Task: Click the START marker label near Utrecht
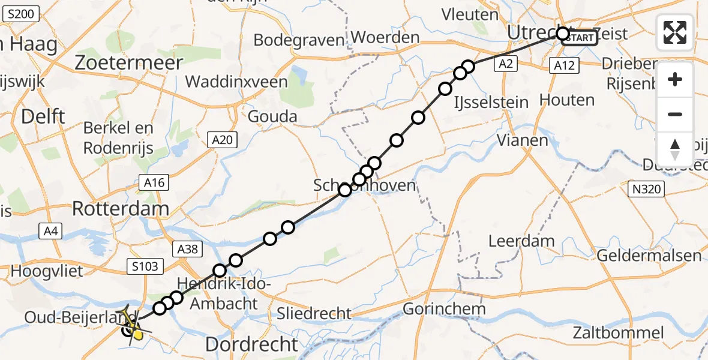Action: pos(580,38)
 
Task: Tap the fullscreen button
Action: pos(675,32)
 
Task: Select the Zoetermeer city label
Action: pos(130,62)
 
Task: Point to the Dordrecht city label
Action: pos(251,344)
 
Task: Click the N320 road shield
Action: pos(647,190)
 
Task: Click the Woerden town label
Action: pos(385,37)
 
